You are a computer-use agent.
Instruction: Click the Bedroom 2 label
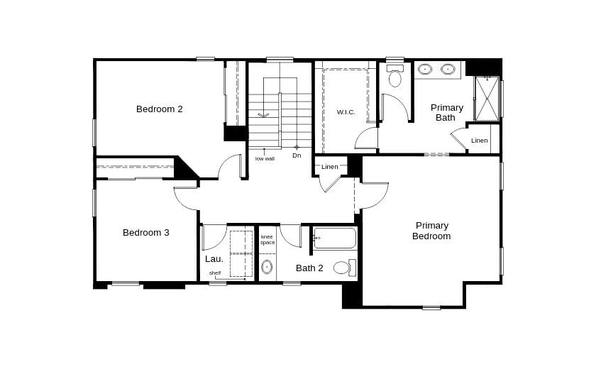pyautogui.click(x=160, y=109)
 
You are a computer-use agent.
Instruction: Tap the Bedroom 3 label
pyautogui.click(x=145, y=232)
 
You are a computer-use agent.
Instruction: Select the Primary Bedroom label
pyautogui.click(x=431, y=231)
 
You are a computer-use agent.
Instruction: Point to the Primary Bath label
pyautogui.click(x=447, y=112)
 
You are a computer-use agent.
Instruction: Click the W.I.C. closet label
pyautogui.click(x=346, y=112)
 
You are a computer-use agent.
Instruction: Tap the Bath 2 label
pyautogui.click(x=309, y=268)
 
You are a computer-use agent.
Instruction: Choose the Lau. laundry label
pyautogui.click(x=214, y=259)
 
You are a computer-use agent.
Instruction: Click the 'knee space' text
pyautogui.click(x=267, y=239)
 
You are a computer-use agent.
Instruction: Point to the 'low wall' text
pyautogui.click(x=265, y=158)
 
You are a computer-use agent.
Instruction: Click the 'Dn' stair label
pyautogui.click(x=297, y=155)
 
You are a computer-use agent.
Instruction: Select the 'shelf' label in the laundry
pyautogui.click(x=215, y=273)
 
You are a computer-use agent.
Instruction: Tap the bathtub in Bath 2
pyautogui.click(x=335, y=238)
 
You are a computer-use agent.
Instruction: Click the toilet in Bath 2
pyautogui.click(x=343, y=268)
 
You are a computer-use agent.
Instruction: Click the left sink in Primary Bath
pyautogui.click(x=426, y=70)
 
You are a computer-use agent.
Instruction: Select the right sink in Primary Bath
pyautogui.click(x=448, y=70)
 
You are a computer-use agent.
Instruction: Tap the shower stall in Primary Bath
pyautogui.click(x=487, y=99)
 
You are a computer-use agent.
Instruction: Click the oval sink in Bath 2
pyautogui.click(x=267, y=267)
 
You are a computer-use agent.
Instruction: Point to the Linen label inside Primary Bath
pyautogui.click(x=480, y=141)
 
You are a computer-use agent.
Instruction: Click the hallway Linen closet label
pyautogui.click(x=330, y=167)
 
